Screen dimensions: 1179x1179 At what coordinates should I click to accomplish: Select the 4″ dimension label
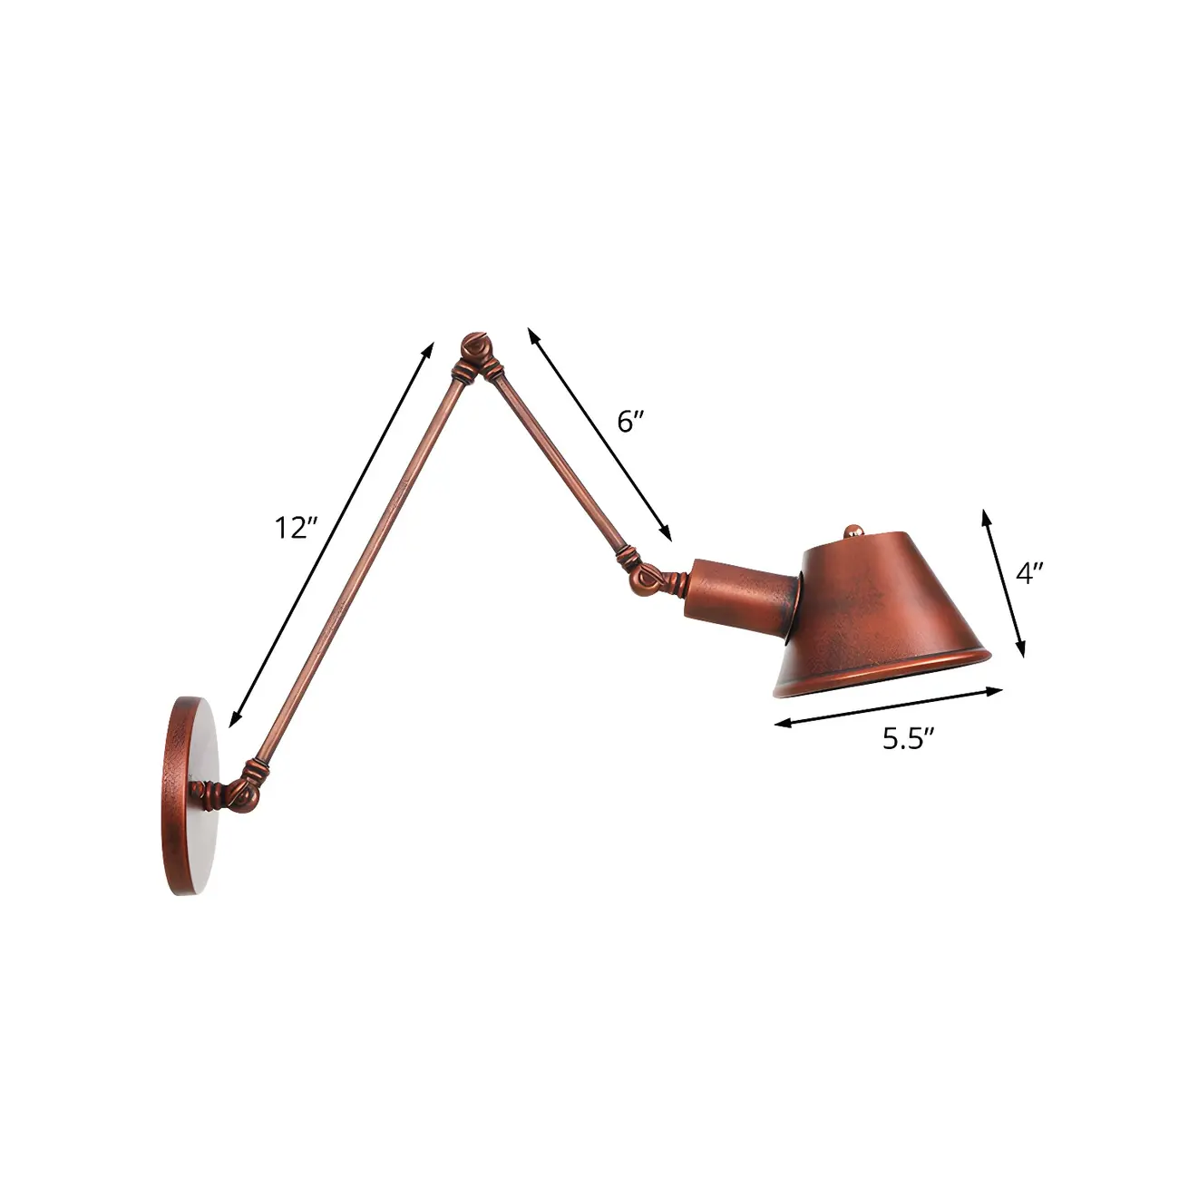1030,573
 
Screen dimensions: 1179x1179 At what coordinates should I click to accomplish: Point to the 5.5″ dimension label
909,739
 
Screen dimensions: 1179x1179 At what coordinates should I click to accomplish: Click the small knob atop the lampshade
853,530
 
